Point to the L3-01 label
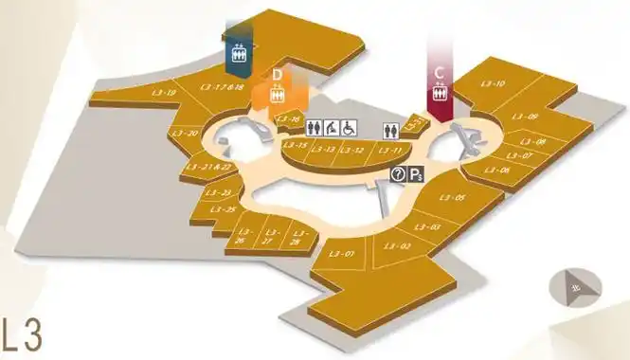coord(343,254)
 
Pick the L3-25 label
coord(225,209)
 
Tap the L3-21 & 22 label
coord(209,168)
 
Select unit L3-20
coord(187,134)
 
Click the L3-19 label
coord(164,93)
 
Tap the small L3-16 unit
coord(288,119)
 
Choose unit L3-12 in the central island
coord(352,150)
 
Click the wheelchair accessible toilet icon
coord(349,127)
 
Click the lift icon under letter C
coord(440,94)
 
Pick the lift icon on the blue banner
coord(239,54)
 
